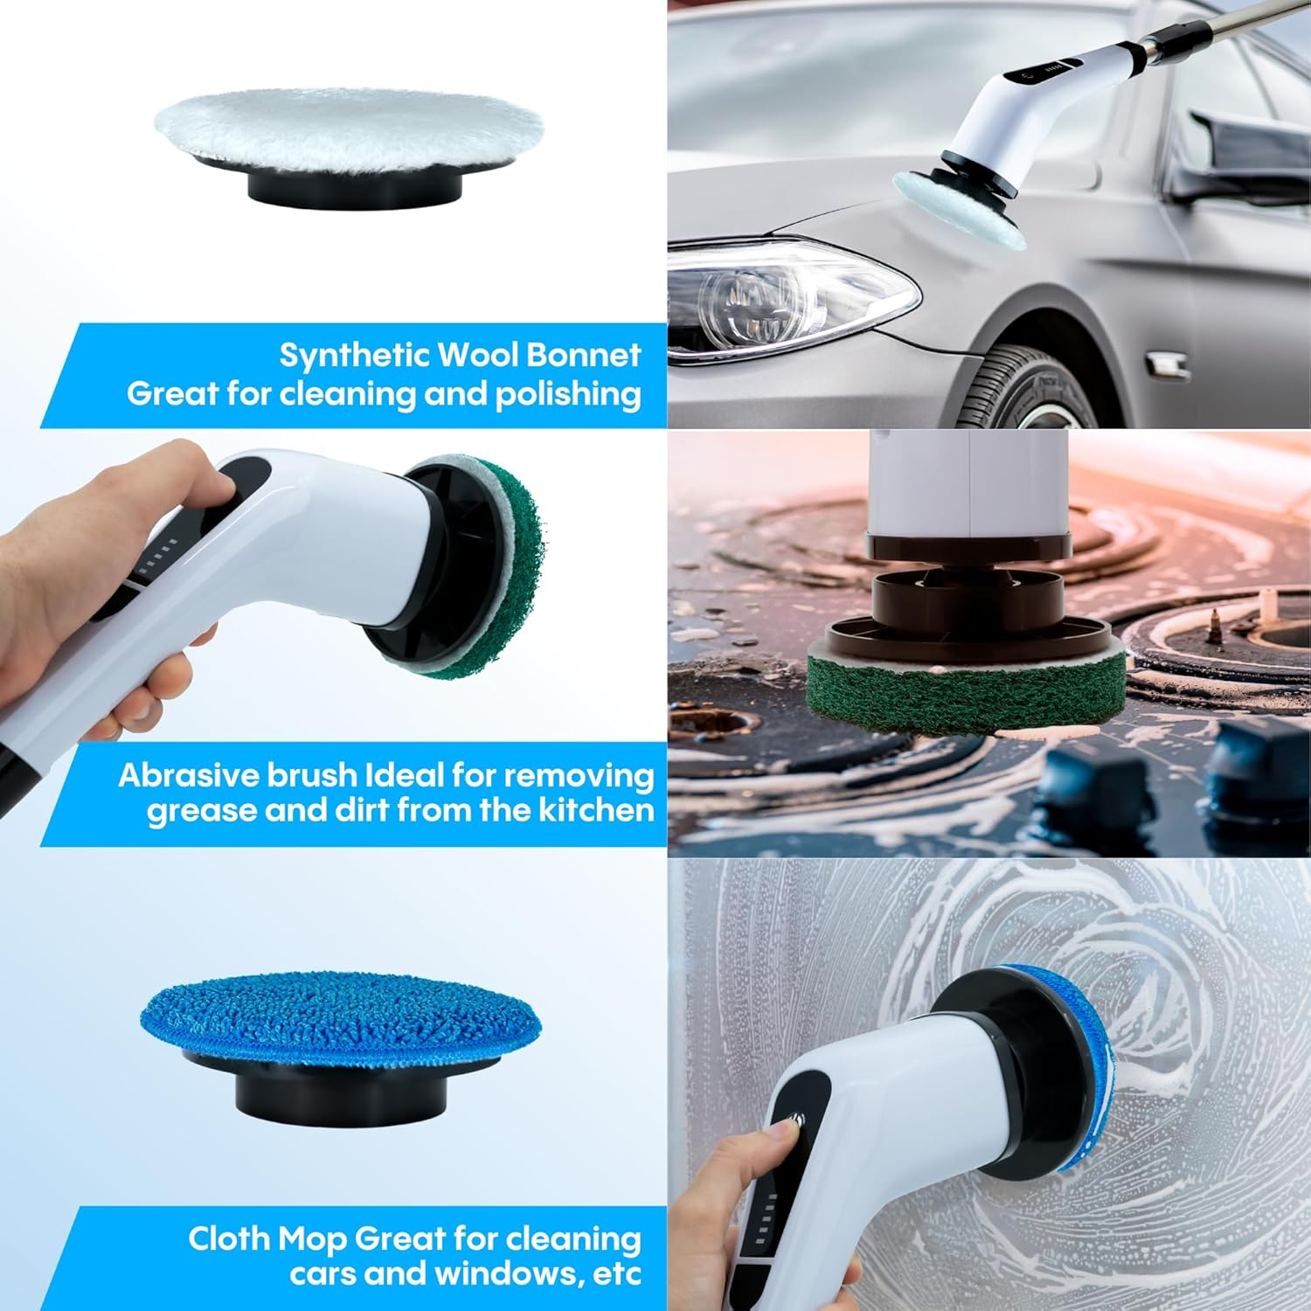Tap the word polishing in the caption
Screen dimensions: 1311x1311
point(568,394)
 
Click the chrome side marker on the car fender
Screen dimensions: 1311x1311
point(1167,364)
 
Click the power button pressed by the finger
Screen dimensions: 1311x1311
point(795,1120)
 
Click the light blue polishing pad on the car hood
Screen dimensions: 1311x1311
point(957,210)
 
